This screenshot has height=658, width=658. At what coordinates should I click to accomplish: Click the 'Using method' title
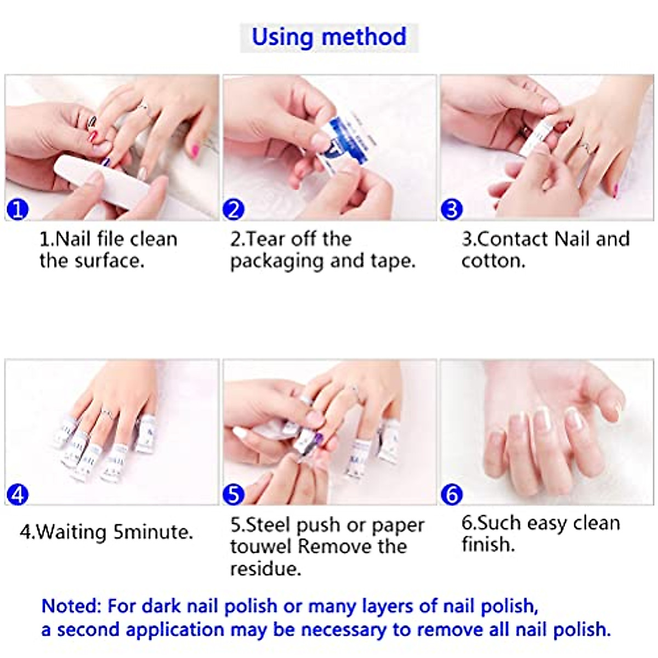click(x=329, y=37)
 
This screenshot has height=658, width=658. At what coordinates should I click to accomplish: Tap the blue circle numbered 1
click(x=18, y=209)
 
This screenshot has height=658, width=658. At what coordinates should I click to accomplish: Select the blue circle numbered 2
click(x=234, y=209)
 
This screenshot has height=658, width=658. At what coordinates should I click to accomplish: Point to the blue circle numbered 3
click(x=451, y=209)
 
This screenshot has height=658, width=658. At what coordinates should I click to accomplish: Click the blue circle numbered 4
click(x=18, y=495)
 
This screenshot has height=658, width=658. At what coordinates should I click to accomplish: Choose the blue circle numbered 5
click(x=234, y=495)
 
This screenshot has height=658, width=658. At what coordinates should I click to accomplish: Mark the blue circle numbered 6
click(x=451, y=495)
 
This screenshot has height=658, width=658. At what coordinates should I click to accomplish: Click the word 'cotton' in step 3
click(x=491, y=261)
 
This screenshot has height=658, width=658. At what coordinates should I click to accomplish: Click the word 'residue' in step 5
click(x=264, y=569)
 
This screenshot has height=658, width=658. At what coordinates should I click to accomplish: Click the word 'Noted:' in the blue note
click(x=71, y=606)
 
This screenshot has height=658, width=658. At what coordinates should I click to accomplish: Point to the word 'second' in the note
click(x=88, y=629)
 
